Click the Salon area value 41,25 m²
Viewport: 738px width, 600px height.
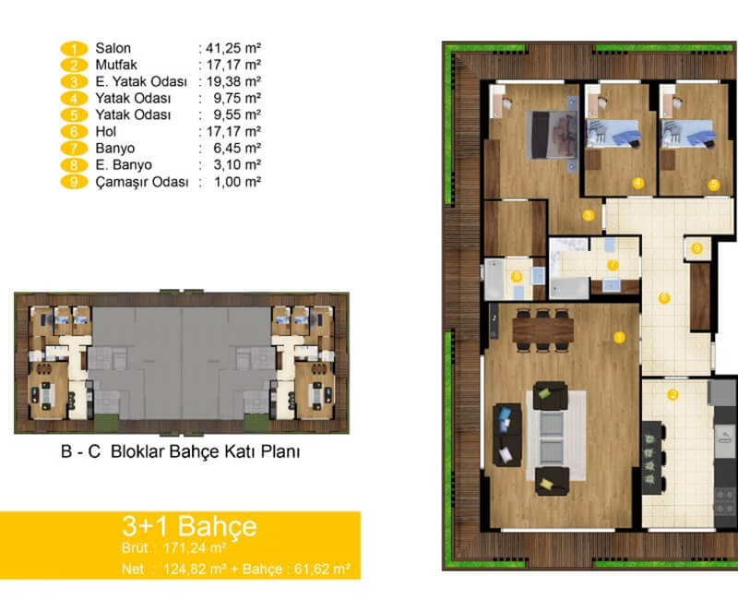coord(233,48)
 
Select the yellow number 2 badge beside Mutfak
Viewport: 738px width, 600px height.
coord(74,65)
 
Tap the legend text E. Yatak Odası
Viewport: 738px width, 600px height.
coord(141,81)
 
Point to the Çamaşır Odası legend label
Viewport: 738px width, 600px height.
coord(142,182)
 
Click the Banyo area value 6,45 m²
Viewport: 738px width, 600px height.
coord(237,149)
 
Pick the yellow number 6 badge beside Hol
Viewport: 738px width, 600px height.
coord(74,132)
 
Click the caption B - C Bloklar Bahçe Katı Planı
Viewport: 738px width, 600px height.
coord(180,451)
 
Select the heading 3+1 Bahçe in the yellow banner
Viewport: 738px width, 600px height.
coord(189,525)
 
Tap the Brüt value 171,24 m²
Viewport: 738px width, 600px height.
coord(195,548)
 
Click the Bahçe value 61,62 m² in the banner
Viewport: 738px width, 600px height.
coord(322,569)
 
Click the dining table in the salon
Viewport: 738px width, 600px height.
coord(542,329)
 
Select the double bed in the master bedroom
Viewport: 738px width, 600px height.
coord(551,135)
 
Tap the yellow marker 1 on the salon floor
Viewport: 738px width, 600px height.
coord(619,337)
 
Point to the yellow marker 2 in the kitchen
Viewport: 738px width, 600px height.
coord(673,395)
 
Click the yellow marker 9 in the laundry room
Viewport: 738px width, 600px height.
coord(697,247)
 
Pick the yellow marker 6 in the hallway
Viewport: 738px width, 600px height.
coord(664,297)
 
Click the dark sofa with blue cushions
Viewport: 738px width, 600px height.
coord(506,435)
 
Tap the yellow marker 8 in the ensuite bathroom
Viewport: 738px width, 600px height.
coord(517,276)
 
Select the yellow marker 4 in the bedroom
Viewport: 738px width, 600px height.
coord(638,183)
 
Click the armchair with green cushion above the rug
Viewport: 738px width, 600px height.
coord(550,396)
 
